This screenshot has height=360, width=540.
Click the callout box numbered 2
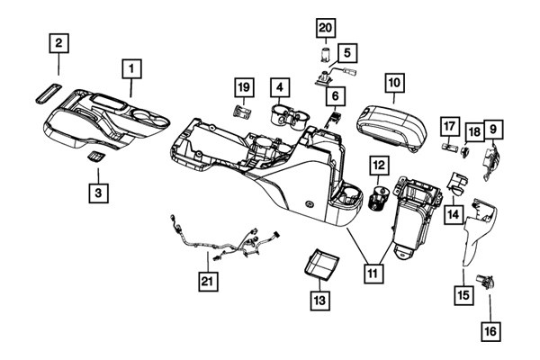(x=58, y=43)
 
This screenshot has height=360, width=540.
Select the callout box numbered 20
(x=326, y=28)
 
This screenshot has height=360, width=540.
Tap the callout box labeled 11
(x=373, y=274)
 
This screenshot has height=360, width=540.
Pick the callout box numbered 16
(x=490, y=332)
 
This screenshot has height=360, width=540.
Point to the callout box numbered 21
(x=208, y=282)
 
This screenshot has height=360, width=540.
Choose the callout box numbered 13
(x=319, y=301)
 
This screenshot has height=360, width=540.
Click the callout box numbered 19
(x=245, y=87)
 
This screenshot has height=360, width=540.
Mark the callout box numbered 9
(x=493, y=130)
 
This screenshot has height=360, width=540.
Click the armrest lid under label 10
(x=391, y=128)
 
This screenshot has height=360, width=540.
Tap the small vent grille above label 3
(x=95, y=157)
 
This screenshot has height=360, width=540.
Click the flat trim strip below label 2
(x=49, y=93)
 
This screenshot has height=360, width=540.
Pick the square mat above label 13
(x=321, y=264)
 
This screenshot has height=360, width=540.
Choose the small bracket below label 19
(x=242, y=112)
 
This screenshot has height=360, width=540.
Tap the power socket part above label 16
(x=485, y=282)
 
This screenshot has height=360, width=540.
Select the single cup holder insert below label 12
(x=379, y=198)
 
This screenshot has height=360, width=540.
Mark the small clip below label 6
(x=333, y=118)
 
